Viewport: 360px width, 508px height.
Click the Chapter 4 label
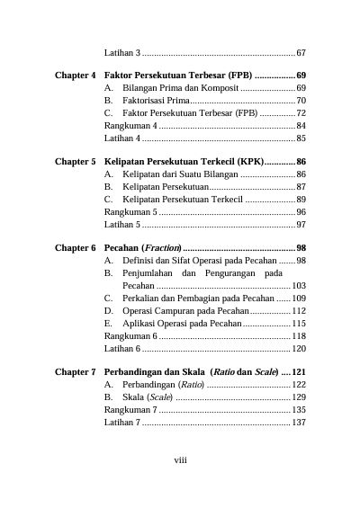click(x=76, y=75)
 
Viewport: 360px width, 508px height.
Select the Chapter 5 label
click(x=76, y=161)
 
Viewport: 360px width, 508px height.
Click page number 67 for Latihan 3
click(x=301, y=53)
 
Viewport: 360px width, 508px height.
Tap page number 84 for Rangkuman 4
click(x=301, y=126)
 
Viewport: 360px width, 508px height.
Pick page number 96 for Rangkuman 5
click(x=301, y=211)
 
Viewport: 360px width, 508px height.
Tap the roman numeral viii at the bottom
click(x=180, y=461)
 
